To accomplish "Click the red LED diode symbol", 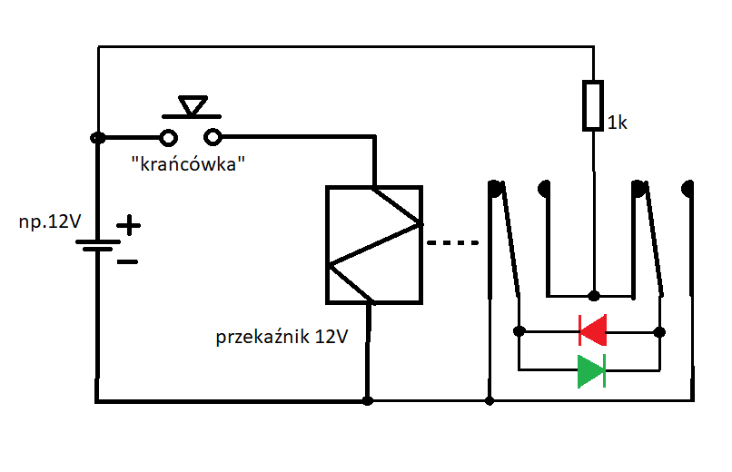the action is click(x=592, y=330).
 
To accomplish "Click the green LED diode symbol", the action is click(x=591, y=370).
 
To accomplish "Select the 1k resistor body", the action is click(x=593, y=105).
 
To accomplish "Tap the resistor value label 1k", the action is click(x=618, y=123).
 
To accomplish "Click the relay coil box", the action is click(x=374, y=245).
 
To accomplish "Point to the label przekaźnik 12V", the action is click(x=282, y=336).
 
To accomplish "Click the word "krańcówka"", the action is click(x=188, y=163).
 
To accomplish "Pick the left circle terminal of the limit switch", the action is click(x=169, y=138).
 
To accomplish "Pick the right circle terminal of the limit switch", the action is click(x=213, y=137).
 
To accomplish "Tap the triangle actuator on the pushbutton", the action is click(x=193, y=105).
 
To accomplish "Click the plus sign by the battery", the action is click(x=128, y=225).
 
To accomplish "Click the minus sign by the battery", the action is click(x=127, y=262).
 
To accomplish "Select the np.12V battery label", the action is click(x=50, y=221).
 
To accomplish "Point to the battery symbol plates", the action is click(x=98, y=245).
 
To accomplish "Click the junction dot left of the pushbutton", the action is click(x=98, y=138).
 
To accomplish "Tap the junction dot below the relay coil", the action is click(x=368, y=400).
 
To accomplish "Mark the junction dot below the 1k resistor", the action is click(x=593, y=296).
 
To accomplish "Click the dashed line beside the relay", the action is click(x=453, y=242).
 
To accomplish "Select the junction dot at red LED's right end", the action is click(x=659, y=332).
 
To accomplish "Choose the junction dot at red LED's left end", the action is click(x=519, y=331).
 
